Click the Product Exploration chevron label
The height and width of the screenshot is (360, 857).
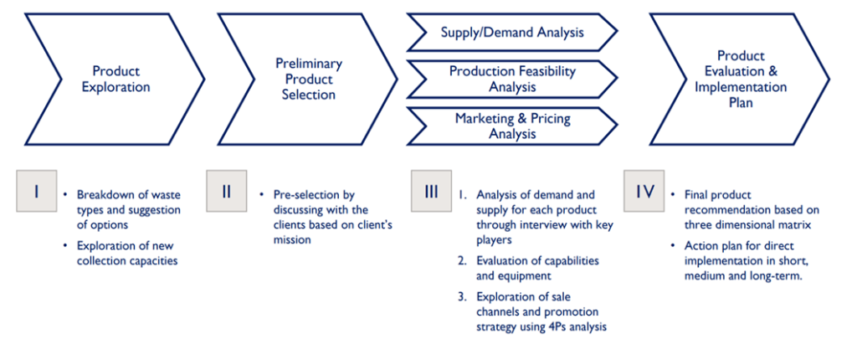(x=115, y=79)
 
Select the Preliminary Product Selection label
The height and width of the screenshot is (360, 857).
(x=309, y=79)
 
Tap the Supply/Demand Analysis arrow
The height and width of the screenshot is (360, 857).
(x=512, y=33)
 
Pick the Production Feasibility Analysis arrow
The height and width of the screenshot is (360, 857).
(x=512, y=79)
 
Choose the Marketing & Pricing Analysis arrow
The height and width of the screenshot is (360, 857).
(x=512, y=126)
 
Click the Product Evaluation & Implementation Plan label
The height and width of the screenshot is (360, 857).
(x=742, y=79)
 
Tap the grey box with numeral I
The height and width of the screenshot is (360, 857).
(x=37, y=191)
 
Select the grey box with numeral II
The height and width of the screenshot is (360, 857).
(x=226, y=191)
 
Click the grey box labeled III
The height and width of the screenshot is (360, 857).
(x=431, y=191)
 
